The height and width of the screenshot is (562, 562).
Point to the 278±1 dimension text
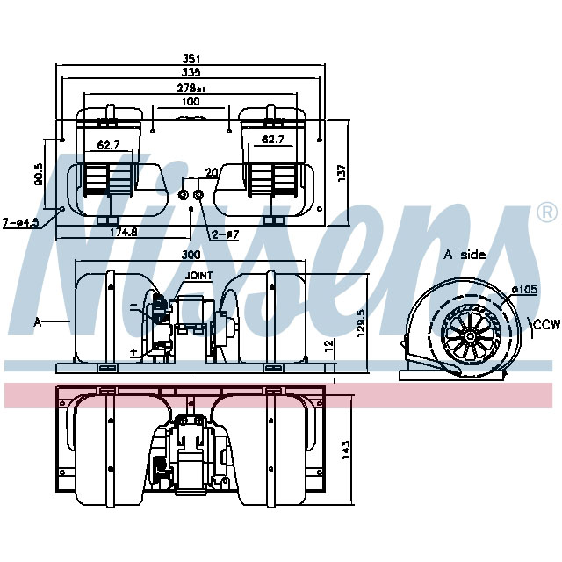189,90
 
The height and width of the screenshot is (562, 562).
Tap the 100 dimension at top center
191,103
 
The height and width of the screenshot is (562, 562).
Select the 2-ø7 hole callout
225,234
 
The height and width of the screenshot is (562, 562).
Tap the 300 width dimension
191,254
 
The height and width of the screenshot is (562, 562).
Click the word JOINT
199,276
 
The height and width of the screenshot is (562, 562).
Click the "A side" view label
465,255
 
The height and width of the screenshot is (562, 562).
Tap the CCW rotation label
546,325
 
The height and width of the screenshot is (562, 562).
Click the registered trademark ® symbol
545,212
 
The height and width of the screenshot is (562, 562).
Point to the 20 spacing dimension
211,172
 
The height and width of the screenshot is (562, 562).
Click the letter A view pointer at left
38,322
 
